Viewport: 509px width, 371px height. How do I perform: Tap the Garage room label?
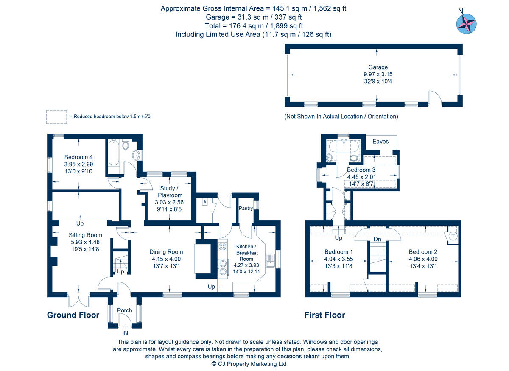(378, 67)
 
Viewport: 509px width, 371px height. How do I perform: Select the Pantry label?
(246, 209)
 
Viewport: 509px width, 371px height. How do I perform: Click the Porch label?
(125, 310)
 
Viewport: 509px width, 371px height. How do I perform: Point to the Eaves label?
(380, 141)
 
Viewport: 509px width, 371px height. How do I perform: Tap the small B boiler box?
(205, 201)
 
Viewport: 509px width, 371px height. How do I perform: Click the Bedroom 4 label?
(78, 157)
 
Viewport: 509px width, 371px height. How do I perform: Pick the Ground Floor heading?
(73, 315)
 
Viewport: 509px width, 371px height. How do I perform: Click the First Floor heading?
(324, 315)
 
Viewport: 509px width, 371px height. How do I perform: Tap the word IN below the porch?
(125, 333)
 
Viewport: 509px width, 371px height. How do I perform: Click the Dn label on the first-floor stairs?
(377, 240)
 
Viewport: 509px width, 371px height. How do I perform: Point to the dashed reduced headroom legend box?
(56, 117)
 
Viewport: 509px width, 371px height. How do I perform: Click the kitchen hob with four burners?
(223, 246)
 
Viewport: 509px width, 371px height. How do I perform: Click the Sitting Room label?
(86, 235)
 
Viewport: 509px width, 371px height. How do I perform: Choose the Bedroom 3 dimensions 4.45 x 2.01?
(361, 177)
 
